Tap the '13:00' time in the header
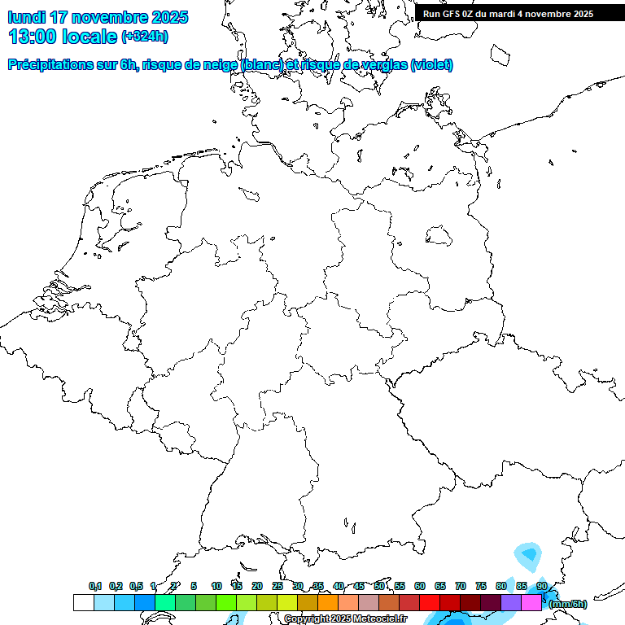point(33,37)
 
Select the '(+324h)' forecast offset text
point(145,37)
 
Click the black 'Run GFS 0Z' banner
point(508,14)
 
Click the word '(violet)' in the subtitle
point(432,65)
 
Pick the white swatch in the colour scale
point(83,603)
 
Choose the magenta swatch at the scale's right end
point(531,603)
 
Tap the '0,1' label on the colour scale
point(95,587)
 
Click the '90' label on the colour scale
point(541,587)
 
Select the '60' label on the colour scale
point(420,587)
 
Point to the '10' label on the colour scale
point(216,587)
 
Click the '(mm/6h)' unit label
point(568,604)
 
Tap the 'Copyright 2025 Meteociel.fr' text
point(345,618)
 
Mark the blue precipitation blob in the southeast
point(529,556)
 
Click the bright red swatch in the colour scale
point(430,603)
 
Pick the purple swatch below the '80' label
point(511,603)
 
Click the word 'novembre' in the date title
point(110,17)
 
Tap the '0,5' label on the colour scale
point(136,587)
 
